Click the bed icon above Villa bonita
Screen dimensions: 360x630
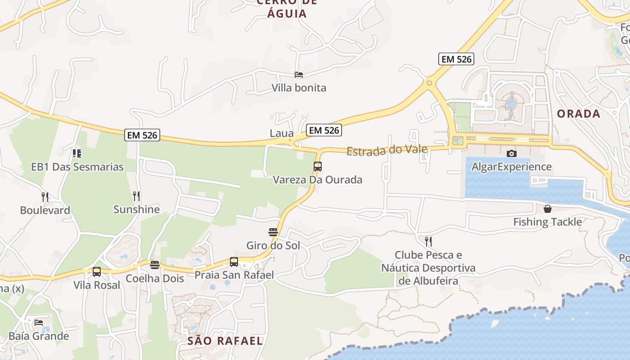click(x=299, y=75)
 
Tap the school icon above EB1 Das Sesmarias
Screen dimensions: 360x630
click(x=77, y=153)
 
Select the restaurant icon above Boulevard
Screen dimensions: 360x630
click(x=45, y=197)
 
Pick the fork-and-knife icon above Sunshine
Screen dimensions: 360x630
click(x=136, y=196)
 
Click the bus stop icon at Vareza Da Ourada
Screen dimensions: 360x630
click(x=318, y=166)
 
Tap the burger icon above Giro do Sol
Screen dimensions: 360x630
click(x=273, y=232)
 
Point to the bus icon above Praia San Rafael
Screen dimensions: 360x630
click(x=234, y=261)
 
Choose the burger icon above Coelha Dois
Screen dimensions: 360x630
click(x=155, y=265)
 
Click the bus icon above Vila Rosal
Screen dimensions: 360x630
click(x=97, y=272)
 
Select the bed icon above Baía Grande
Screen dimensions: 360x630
click(x=39, y=323)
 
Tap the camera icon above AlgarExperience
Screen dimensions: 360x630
click(x=512, y=153)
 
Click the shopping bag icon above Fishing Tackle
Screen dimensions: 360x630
click(x=548, y=209)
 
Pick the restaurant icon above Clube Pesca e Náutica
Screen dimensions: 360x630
click(x=428, y=242)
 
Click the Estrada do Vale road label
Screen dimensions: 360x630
click(x=387, y=149)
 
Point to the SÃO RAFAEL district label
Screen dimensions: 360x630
click(x=225, y=341)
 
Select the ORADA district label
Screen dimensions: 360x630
click(x=579, y=113)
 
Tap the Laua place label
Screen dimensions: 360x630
click(x=282, y=133)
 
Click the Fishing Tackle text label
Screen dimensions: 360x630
click(x=548, y=222)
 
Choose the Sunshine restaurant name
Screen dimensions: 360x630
click(x=136, y=209)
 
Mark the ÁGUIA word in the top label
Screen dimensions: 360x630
click(x=287, y=13)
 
